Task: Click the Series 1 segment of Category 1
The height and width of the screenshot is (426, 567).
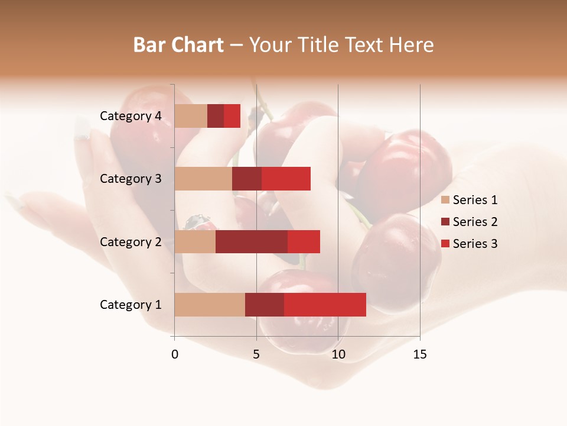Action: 210,305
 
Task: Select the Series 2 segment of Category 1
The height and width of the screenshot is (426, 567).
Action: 265,305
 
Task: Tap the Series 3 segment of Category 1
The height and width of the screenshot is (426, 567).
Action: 325,305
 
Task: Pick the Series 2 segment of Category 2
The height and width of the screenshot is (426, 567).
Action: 252,241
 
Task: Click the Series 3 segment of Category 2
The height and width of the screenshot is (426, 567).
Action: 304,241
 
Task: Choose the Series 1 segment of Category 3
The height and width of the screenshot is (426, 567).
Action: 203,179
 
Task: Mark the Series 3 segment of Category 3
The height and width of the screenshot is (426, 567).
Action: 286,179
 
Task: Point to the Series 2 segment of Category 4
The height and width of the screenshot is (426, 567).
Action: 216,116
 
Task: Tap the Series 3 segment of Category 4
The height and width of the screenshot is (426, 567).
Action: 232,116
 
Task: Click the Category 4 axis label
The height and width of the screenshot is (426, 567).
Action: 131,116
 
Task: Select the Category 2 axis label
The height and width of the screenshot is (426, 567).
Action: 131,241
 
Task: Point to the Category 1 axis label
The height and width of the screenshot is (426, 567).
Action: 131,305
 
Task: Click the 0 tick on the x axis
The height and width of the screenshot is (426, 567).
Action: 175,354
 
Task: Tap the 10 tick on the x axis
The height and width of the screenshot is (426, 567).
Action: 338,354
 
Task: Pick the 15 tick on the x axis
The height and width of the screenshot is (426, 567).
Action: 420,354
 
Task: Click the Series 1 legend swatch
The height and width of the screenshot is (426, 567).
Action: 445,200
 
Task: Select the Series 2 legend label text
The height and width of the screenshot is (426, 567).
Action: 475,222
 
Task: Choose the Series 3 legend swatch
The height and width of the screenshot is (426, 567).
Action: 445,244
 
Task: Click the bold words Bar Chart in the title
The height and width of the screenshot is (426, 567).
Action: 178,45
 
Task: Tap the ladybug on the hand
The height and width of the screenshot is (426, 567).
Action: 200,223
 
